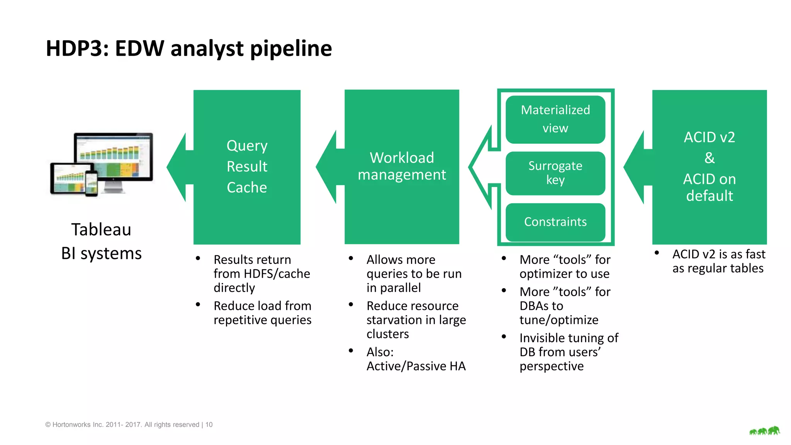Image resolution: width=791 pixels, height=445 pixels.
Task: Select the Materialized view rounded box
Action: [555, 119]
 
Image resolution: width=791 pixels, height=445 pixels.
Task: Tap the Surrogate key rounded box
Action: [555, 173]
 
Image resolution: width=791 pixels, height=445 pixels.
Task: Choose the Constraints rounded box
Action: [555, 222]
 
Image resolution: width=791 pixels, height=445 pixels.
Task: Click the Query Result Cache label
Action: [247, 166]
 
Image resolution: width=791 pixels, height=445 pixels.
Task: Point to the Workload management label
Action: [402, 166]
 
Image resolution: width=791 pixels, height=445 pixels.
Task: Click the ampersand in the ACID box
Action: [709, 158]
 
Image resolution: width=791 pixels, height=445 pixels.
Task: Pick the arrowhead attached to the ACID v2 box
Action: [636, 167]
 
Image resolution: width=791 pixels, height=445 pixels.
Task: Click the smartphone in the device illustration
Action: [92, 183]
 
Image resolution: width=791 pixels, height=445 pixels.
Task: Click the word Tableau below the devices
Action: [101, 229]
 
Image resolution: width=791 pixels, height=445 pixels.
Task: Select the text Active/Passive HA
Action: [416, 366]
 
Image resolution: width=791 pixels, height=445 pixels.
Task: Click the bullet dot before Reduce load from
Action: [198, 305]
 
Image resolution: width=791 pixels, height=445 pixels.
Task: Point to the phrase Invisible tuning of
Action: [569, 338]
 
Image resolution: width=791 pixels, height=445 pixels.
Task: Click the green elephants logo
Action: [764, 431]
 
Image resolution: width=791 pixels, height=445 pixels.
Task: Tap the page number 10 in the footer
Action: [209, 425]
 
